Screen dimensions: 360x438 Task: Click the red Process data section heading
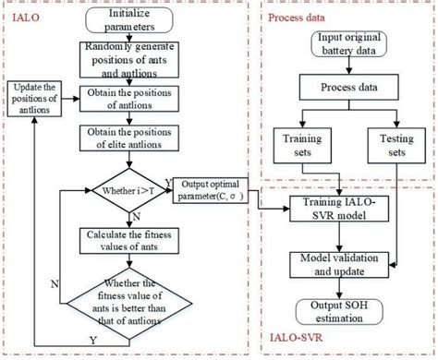coord(297,18)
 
